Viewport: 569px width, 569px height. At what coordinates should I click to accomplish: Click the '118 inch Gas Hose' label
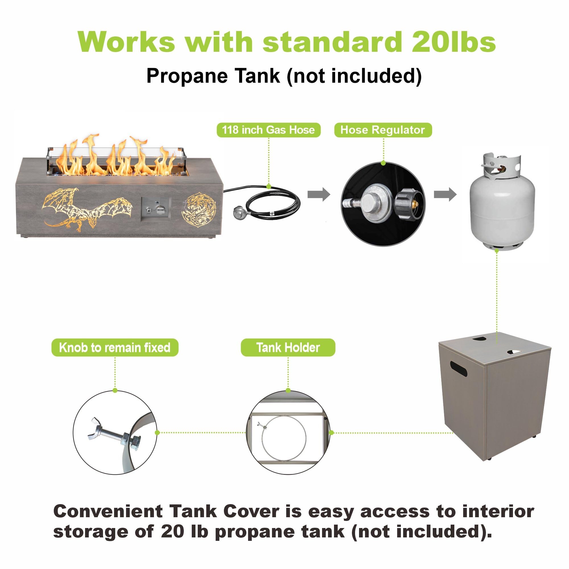pos(268,130)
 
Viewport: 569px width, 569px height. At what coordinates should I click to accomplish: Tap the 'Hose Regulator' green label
pos(383,130)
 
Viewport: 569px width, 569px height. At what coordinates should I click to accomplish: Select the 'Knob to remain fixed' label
pos(115,348)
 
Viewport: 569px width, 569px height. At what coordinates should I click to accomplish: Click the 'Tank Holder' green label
pos(288,348)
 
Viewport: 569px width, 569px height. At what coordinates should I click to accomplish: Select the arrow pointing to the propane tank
pos(445,194)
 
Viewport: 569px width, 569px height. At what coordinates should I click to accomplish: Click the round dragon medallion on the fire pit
pos(199,210)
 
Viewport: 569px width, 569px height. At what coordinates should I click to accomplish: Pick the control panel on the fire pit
pos(156,209)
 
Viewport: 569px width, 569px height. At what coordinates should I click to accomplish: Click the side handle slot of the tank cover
pos(458,370)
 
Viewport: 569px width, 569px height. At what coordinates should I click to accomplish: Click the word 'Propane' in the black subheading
pos(187,76)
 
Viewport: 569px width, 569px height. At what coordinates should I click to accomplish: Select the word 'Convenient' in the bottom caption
pos(108,512)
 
